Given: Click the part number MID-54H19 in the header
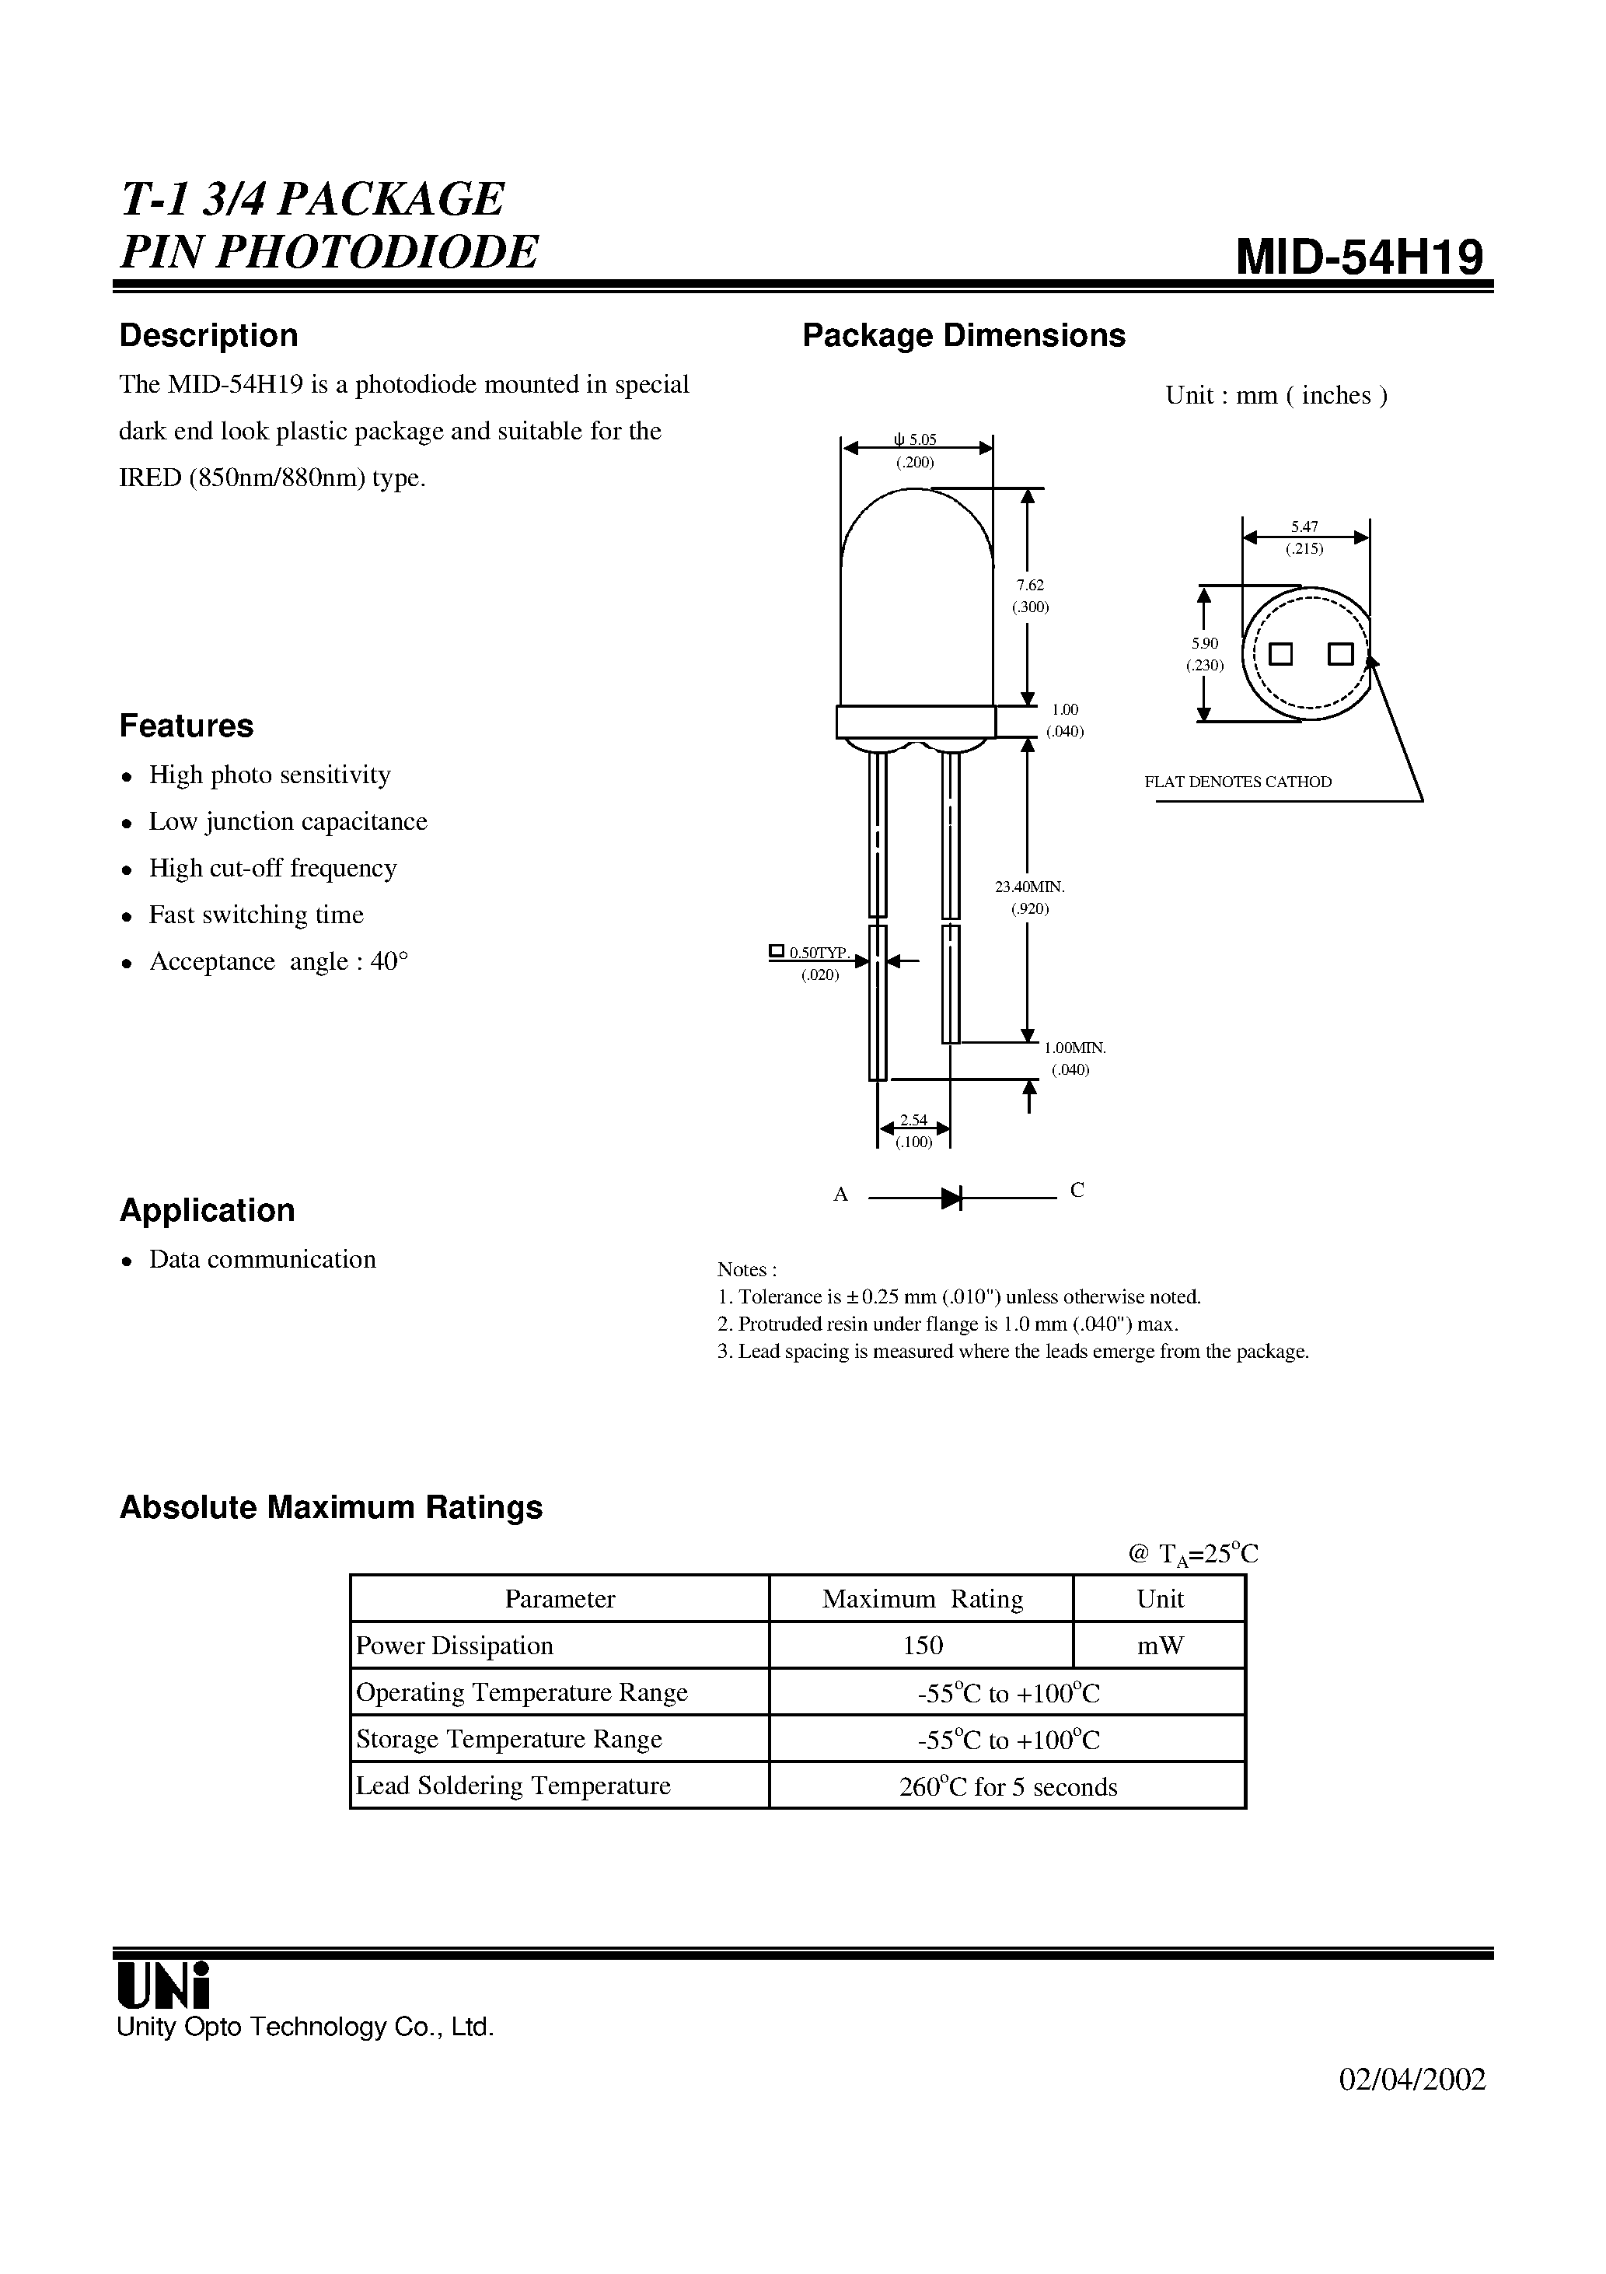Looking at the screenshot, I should (x=1360, y=257).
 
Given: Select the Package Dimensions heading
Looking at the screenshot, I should (x=962, y=336).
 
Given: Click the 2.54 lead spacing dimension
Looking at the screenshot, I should (x=913, y=1120).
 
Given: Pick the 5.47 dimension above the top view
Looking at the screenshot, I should (x=1304, y=528).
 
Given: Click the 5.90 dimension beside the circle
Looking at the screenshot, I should (x=1204, y=644).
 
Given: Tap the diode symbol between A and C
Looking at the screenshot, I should (x=951, y=1198).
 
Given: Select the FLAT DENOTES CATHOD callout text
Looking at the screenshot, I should (x=1238, y=782).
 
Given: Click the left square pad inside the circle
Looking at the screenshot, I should (x=1280, y=654).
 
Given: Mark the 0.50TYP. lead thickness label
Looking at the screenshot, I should (x=818, y=953).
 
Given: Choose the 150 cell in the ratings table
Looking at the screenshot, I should (x=922, y=1645).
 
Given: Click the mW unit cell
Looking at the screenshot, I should (x=1160, y=1645).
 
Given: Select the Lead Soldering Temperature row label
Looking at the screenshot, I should (x=513, y=1786).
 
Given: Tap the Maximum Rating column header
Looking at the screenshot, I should (x=922, y=1598).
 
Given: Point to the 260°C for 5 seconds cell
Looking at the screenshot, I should (x=1007, y=1786).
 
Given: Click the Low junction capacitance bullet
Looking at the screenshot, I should (x=287, y=821).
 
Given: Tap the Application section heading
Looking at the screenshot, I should (x=207, y=1210).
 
